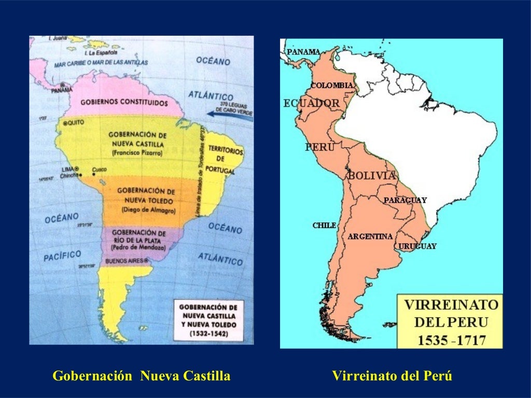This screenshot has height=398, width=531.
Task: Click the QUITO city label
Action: point(74,124)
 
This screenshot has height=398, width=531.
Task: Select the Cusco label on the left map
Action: point(99,169)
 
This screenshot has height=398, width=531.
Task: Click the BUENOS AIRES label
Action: point(126,261)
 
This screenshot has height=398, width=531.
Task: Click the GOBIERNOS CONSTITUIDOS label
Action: point(124,103)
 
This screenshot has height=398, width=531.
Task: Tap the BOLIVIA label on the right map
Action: point(372,176)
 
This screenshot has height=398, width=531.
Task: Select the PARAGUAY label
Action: point(405,200)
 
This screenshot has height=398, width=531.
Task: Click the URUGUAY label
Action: point(417,246)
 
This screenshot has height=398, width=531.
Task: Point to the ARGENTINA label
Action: point(370,236)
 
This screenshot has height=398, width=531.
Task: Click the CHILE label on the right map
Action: point(324,225)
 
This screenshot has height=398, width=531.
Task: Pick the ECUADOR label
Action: point(311,103)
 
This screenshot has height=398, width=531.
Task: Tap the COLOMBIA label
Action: point(332,86)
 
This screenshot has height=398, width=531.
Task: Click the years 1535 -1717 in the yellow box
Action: point(450,340)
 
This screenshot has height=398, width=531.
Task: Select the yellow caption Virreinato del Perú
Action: point(392,376)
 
